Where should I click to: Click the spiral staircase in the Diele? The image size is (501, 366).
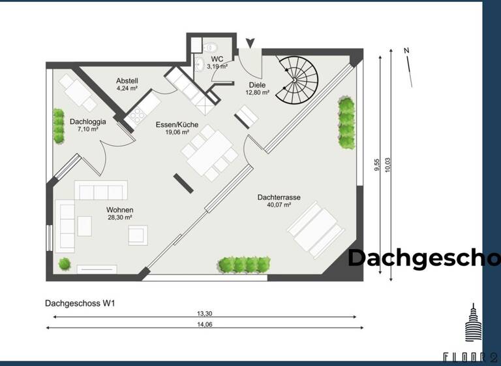297,79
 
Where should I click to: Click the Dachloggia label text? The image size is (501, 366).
84,125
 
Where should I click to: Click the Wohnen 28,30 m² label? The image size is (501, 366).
119,214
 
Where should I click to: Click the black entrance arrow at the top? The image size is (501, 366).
250,43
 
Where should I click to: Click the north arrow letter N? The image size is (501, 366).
406,51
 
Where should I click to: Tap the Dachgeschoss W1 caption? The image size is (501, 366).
80,303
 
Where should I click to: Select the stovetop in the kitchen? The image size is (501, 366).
138,116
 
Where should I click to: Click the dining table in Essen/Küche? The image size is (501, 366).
209,152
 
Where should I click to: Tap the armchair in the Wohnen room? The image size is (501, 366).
138,235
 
